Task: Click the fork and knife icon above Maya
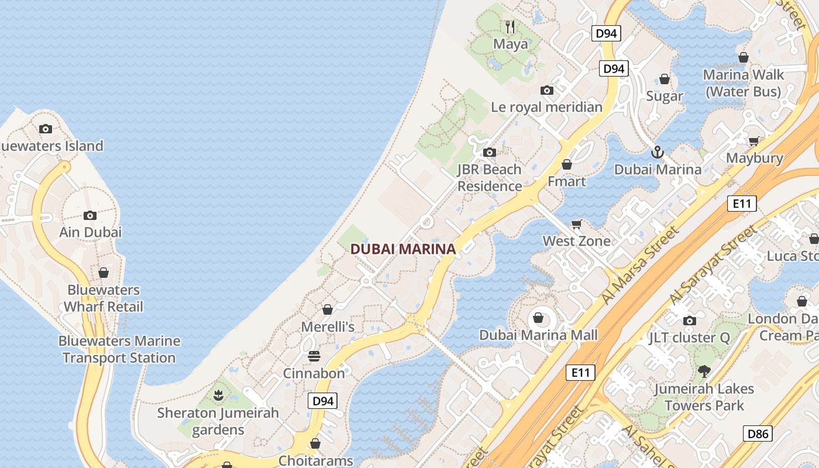click(x=510, y=26)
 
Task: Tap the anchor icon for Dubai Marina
click(x=658, y=152)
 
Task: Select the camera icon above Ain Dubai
click(x=90, y=215)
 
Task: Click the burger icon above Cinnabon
click(x=314, y=356)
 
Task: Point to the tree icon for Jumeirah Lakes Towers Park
click(x=704, y=371)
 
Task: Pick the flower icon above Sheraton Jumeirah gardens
click(x=218, y=395)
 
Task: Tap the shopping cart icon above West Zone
click(x=577, y=224)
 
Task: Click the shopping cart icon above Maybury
click(x=754, y=141)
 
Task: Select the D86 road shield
click(x=758, y=433)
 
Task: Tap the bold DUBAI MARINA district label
click(x=402, y=249)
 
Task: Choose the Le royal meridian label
click(x=546, y=107)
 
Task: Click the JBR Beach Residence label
click(x=490, y=178)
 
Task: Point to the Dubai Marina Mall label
click(x=538, y=335)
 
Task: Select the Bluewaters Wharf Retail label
click(x=104, y=298)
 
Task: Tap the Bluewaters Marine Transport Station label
click(x=119, y=349)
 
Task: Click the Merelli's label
click(x=328, y=326)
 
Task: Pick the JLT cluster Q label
click(x=690, y=338)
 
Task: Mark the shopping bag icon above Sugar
click(x=665, y=79)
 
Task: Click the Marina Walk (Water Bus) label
click(x=743, y=83)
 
